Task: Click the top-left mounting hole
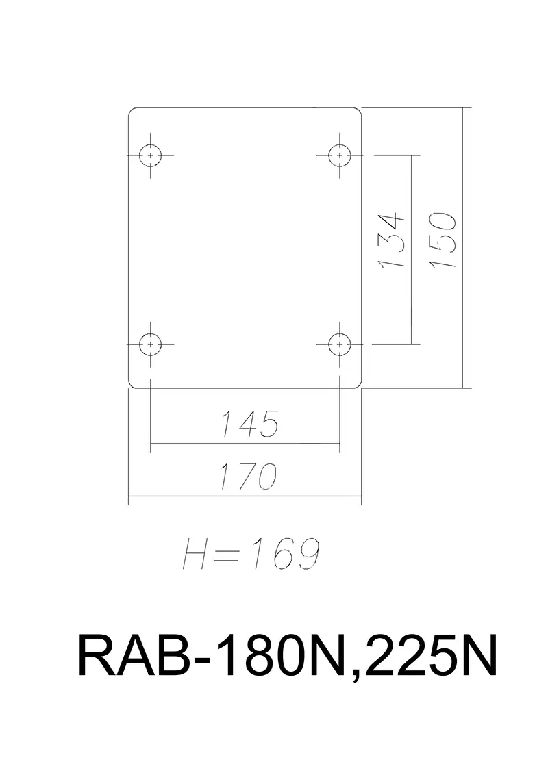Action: click(151, 155)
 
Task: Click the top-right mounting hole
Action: click(339, 155)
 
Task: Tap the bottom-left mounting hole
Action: click(151, 344)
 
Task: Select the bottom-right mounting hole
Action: click(339, 344)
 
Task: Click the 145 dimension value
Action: click(249, 424)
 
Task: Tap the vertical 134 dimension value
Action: click(393, 242)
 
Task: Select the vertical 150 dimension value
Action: click(444, 240)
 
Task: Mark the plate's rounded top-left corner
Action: click(132, 111)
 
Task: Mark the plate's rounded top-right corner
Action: click(358, 111)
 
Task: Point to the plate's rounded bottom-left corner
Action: click(132, 385)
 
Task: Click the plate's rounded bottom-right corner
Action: click(358, 385)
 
